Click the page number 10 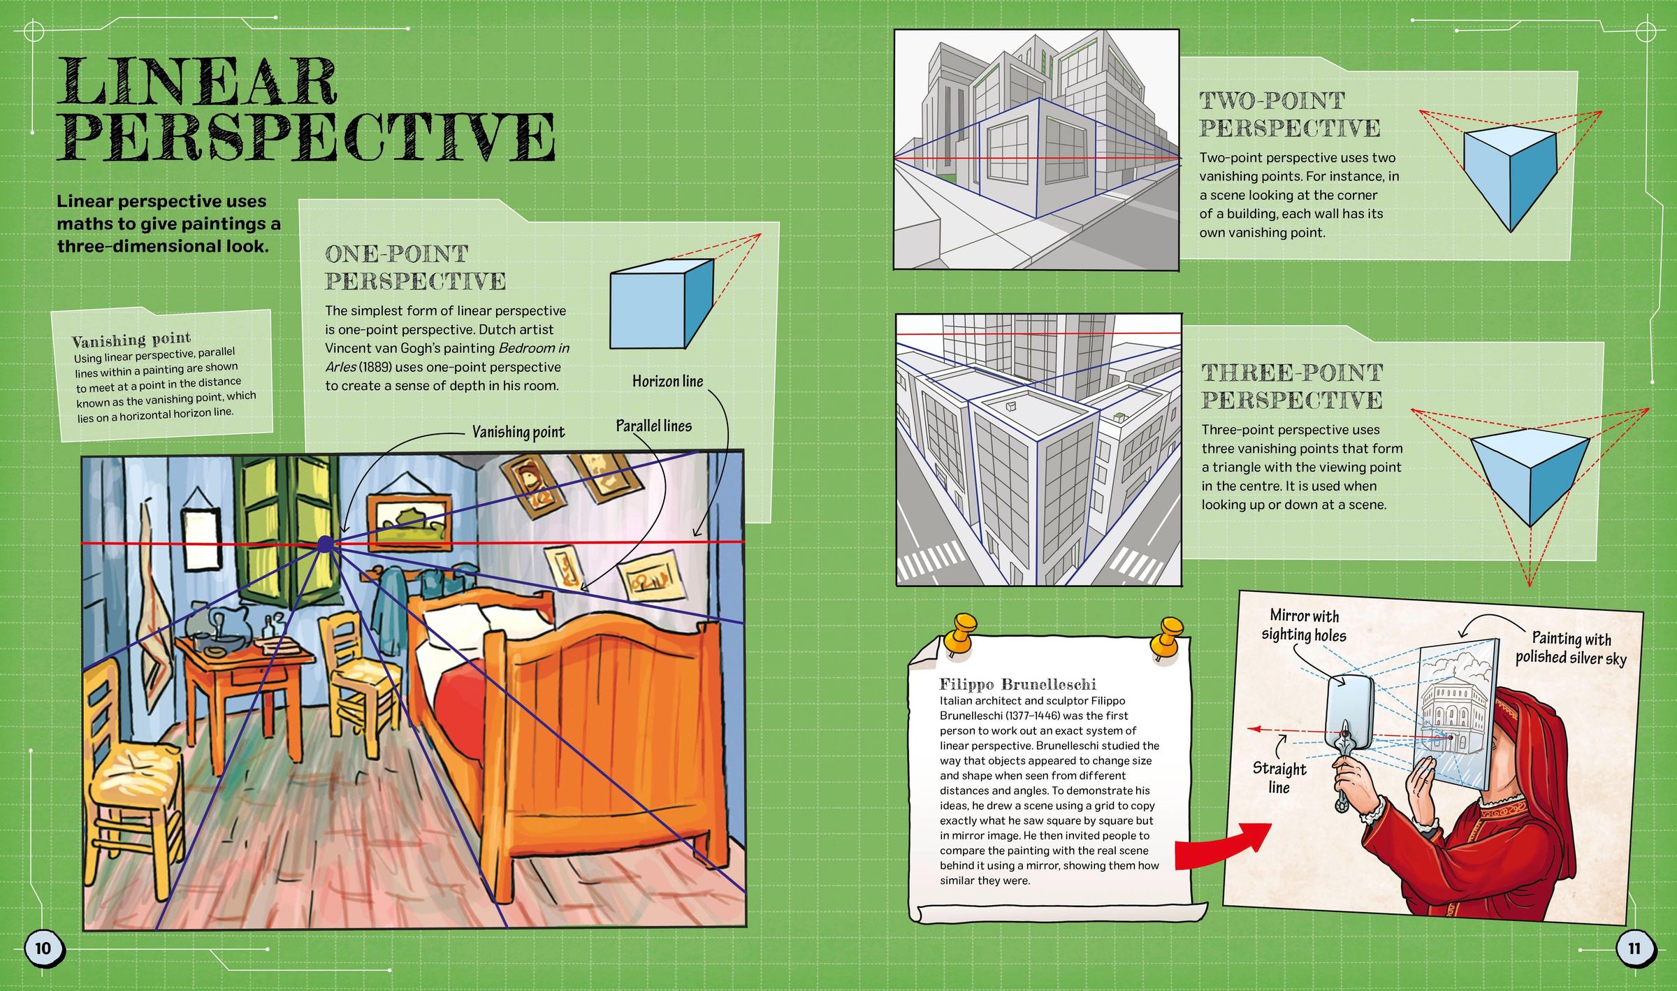point(43,948)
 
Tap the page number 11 point(1634,948)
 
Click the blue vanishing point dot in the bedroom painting point(325,544)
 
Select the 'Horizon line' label point(667,381)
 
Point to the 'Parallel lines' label point(653,426)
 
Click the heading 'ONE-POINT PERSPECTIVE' point(415,267)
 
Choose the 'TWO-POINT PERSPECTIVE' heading point(1289,114)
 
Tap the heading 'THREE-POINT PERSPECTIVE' point(1291,386)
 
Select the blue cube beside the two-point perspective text point(1509,175)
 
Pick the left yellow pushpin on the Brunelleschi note point(962,632)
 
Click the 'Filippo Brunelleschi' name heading point(1017,684)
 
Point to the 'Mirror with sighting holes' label point(1303,625)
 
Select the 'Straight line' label point(1279,777)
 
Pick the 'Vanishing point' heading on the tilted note point(131,340)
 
